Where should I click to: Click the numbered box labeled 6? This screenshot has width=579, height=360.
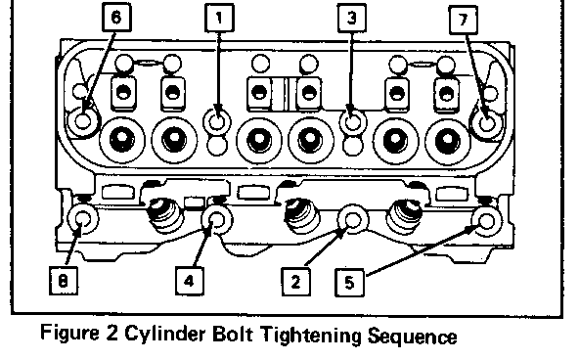[x=116, y=17]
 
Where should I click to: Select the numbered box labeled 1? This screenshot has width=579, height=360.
[x=219, y=18]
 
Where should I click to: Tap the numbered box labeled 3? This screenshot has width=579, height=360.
[x=352, y=18]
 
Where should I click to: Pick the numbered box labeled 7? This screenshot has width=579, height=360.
[x=464, y=20]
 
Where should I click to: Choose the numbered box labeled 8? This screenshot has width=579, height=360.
[x=64, y=281]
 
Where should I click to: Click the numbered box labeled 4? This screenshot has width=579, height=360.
[x=190, y=281]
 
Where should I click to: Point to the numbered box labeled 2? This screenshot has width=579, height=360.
[x=295, y=282]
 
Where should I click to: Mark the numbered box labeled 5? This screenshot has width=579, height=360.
[x=349, y=283]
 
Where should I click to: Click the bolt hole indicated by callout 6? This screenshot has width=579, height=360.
[x=83, y=120]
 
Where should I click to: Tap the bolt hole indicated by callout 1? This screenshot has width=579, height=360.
[x=217, y=121]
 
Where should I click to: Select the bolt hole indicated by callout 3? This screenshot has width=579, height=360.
[x=353, y=122]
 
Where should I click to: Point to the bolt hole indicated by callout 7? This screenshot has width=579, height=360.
[x=487, y=123]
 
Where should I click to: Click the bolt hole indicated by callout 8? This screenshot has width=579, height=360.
[x=83, y=218]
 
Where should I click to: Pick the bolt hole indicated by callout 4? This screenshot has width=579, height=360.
[x=217, y=220]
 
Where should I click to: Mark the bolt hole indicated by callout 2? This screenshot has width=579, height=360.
[x=353, y=220]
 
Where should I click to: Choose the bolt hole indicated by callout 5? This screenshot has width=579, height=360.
[x=487, y=221]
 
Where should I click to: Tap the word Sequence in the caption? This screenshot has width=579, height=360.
[x=413, y=336]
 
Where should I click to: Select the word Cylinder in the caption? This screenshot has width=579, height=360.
[x=164, y=335]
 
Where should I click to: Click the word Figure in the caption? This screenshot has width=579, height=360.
[x=69, y=333]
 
